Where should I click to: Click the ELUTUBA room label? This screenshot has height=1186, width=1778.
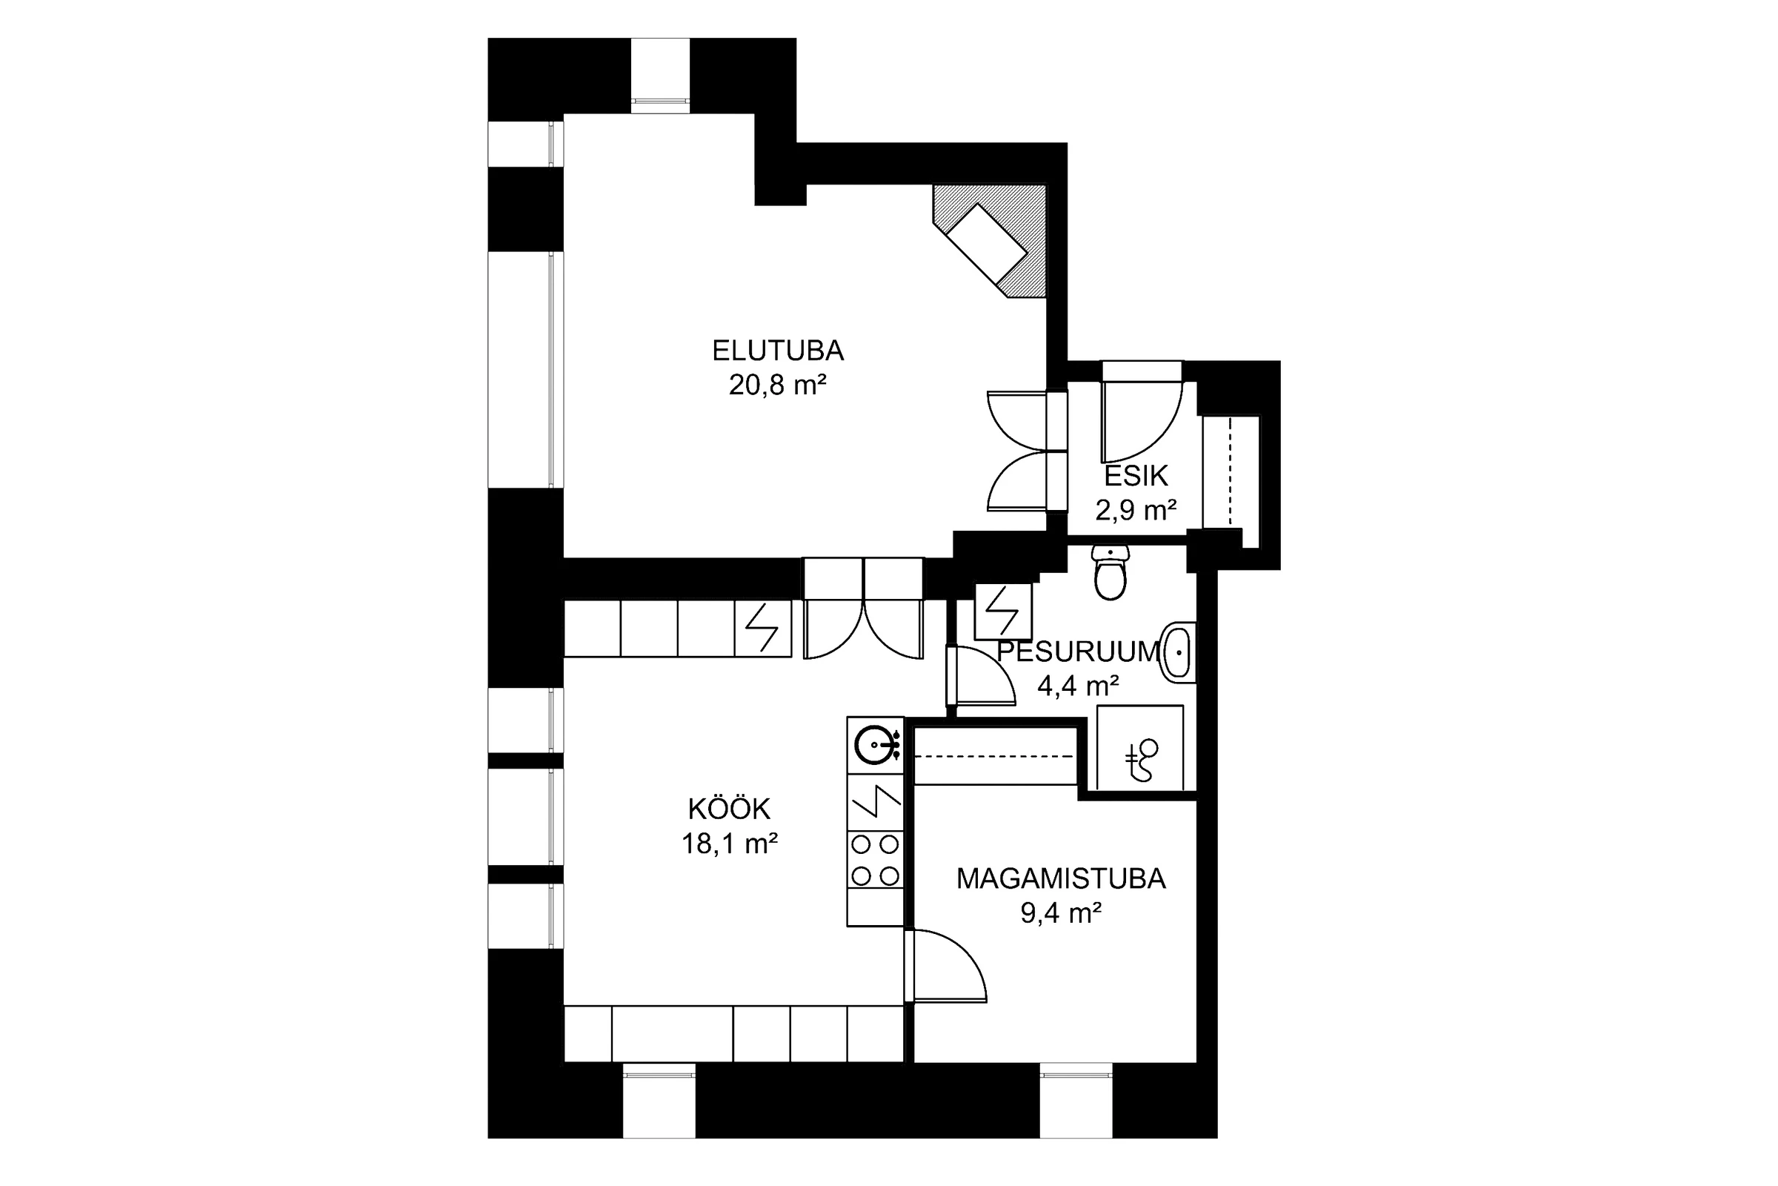(x=778, y=351)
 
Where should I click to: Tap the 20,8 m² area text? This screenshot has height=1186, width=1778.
(x=777, y=385)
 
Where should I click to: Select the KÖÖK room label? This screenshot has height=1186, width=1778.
(x=729, y=809)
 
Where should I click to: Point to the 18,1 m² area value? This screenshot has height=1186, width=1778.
(x=730, y=844)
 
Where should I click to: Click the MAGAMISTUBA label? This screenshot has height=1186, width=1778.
(x=1062, y=879)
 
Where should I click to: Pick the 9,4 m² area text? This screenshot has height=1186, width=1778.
(x=1061, y=914)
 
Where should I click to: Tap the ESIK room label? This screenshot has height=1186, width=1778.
(x=1136, y=476)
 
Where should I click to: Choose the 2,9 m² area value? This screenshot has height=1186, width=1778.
(x=1136, y=511)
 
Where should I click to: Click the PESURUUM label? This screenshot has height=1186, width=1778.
(x=1079, y=652)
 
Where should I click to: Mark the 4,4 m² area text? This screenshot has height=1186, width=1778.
(x=1078, y=686)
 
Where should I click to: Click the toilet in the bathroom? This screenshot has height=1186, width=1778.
(x=1111, y=572)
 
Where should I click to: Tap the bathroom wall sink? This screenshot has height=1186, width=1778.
(x=1179, y=652)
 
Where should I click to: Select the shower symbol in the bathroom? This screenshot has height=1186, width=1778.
(x=1140, y=748)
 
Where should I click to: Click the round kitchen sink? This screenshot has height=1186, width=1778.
(x=876, y=745)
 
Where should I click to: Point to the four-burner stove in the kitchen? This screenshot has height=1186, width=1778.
(x=876, y=859)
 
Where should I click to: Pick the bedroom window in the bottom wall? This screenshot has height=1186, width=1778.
(x=1076, y=1103)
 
